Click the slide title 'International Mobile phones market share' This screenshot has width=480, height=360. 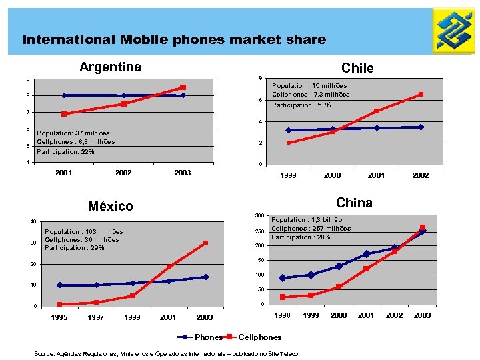[x=174, y=40]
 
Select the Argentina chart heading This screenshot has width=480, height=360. [x=110, y=67]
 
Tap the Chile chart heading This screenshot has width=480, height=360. [x=357, y=68]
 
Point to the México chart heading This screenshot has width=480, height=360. [x=111, y=206]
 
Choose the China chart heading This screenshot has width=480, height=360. [x=354, y=203]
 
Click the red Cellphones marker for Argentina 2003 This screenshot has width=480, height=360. [x=183, y=87]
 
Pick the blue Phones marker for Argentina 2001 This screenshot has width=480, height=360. [x=64, y=95]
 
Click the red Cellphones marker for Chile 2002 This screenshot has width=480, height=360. [x=421, y=95]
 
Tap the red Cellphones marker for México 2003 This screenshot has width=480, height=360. [x=206, y=243]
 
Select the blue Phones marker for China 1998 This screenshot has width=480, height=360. [x=283, y=278]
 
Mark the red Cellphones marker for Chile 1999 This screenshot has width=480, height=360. [x=289, y=143]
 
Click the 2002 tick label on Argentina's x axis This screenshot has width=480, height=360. [x=123, y=173]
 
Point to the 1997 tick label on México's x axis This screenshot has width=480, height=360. [x=96, y=317]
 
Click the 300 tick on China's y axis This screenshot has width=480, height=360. [x=260, y=215]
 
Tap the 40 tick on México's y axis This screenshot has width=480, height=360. [x=33, y=222]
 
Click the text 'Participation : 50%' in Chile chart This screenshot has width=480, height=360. [x=301, y=105]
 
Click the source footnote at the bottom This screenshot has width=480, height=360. [x=166, y=353]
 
